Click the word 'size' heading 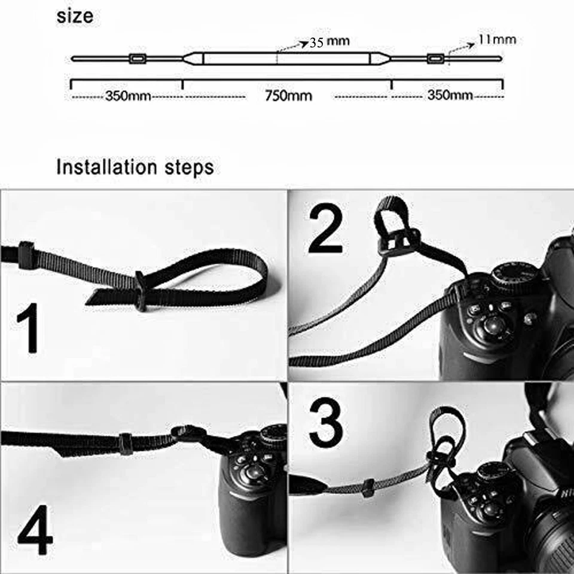pos(75,16)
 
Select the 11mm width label pos(497,40)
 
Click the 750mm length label pos(288,96)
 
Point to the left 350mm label pos(128,96)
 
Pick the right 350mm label pos(450,96)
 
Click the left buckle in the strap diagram pos(137,59)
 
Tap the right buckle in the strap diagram pos(435,59)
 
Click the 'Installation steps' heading pos(135,167)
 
